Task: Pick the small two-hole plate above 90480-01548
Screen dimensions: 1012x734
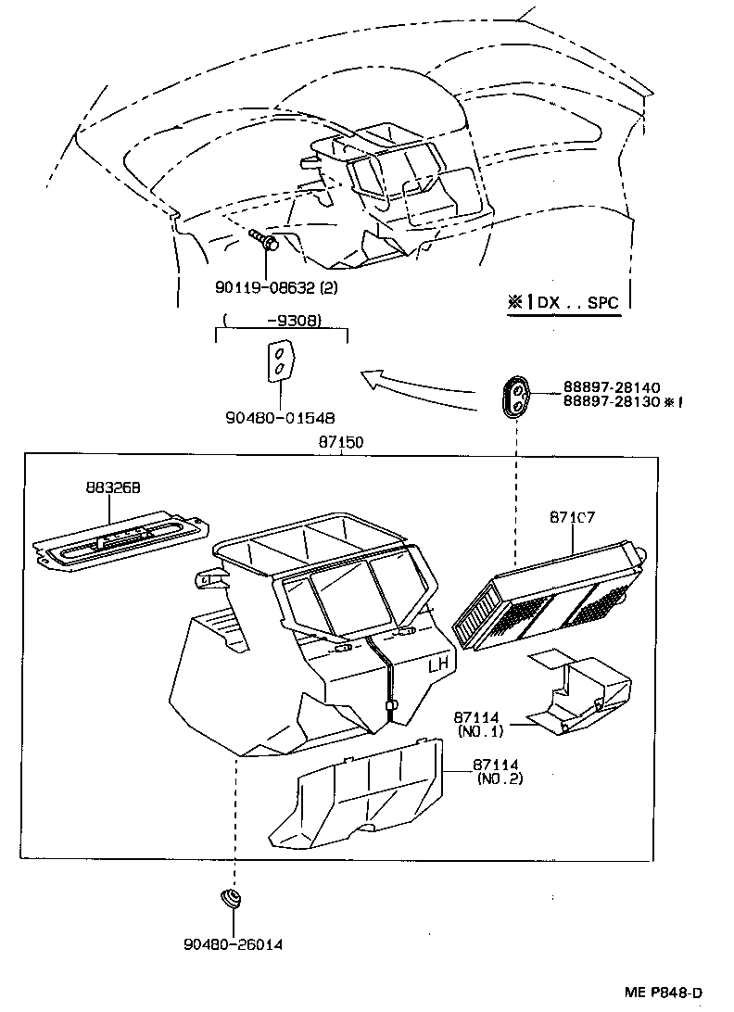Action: click(x=280, y=361)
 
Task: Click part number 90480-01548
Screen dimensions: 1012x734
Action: click(x=280, y=418)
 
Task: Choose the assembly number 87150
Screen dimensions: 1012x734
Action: click(x=341, y=443)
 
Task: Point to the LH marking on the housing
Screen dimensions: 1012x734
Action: click(x=439, y=665)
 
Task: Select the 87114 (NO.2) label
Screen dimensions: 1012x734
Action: click(x=498, y=771)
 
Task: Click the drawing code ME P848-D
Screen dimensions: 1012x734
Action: click(x=676, y=993)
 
